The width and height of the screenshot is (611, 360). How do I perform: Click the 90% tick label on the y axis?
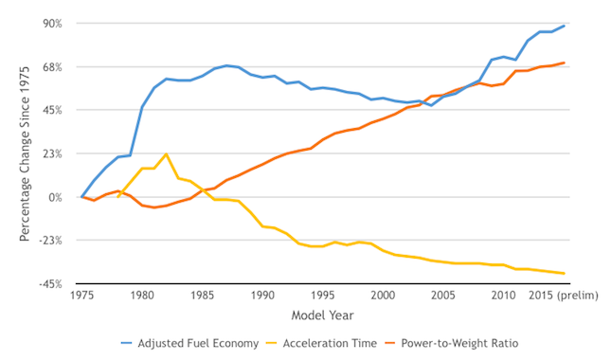tap(52, 24)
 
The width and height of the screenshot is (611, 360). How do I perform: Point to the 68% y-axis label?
tap(52, 67)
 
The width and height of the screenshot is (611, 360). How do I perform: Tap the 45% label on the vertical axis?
tap(52, 110)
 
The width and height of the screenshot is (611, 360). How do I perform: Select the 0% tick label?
tap(55, 198)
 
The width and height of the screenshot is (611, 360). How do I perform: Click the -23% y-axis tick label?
tap(50, 241)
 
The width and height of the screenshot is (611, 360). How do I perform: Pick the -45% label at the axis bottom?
tap(50, 284)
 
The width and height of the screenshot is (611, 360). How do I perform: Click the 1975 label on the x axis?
tap(81, 296)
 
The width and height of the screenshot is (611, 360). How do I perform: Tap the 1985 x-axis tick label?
tap(202, 296)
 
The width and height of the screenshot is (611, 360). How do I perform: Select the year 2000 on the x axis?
tap(383, 296)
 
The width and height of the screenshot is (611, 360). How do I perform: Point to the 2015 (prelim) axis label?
tap(563, 296)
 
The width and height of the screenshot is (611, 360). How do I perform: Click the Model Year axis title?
tap(323, 315)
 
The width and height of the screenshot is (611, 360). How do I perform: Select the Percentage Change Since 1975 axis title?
tap(25, 153)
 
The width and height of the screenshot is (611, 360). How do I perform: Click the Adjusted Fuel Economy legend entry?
tap(189, 343)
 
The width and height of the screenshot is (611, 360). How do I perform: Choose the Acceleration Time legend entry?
tap(321, 343)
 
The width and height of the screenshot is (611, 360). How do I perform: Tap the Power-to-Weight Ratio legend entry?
tap(451, 343)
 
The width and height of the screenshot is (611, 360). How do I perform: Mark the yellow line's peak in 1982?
tap(166, 153)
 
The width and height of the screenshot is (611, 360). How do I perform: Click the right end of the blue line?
tap(564, 27)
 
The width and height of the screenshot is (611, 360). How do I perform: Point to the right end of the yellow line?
tap(564, 273)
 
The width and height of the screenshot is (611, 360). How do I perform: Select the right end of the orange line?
tap(564, 63)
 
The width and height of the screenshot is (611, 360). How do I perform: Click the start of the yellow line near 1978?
tap(118, 197)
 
